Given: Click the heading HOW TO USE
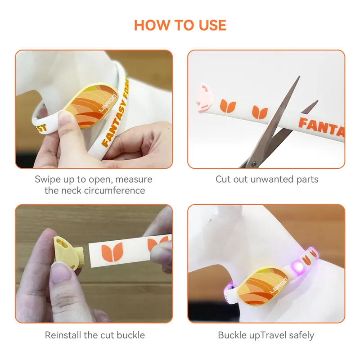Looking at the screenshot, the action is [180, 25].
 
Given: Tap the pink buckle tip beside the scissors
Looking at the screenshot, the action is [203, 99].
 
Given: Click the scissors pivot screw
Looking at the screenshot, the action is [254, 164].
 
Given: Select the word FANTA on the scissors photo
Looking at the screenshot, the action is [321, 127].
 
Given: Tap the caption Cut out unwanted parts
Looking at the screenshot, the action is [267, 179].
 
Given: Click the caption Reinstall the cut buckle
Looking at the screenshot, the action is [95, 335].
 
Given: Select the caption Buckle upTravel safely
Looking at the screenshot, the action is [266, 335].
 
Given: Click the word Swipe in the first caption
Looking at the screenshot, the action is [48, 180].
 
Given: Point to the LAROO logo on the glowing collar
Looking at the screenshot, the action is [279, 285].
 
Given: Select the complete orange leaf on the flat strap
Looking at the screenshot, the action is [112, 252].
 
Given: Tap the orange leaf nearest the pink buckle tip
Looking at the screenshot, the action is [228, 106].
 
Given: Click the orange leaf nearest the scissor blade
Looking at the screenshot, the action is [260, 112].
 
